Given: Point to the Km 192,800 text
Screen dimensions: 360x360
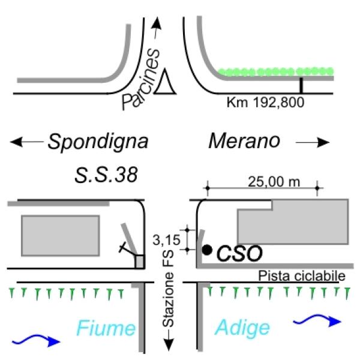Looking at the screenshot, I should coord(266,103).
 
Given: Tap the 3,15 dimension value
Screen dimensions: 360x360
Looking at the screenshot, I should coord(172,240).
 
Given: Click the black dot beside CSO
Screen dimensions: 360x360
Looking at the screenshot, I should coord(206,250).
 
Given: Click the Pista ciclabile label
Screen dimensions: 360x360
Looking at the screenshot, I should coord(302,276).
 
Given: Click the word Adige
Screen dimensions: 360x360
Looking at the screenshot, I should coord(242,328).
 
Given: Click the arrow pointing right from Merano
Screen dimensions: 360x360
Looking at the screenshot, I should coord(313,143).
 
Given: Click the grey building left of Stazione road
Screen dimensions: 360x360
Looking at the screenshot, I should coord(60,233).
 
